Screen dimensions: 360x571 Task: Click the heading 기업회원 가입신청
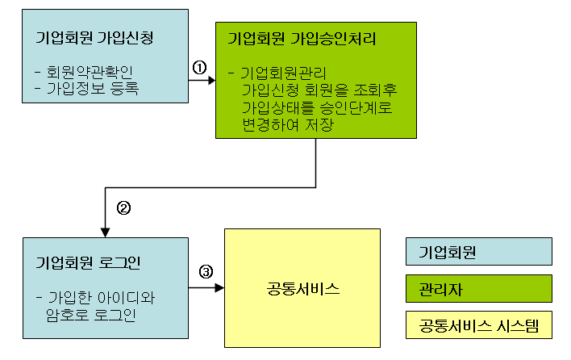tap(94, 38)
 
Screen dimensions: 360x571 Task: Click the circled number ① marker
tap(199, 68)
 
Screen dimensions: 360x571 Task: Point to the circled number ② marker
tap(123, 207)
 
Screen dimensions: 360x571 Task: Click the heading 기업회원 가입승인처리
tap(302, 38)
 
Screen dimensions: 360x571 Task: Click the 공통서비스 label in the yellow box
tap(302, 288)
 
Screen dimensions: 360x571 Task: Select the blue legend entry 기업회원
tap(448, 253)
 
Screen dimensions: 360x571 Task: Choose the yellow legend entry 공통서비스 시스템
tap(478, 324)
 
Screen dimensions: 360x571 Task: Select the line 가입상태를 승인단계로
tap(316, 107)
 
